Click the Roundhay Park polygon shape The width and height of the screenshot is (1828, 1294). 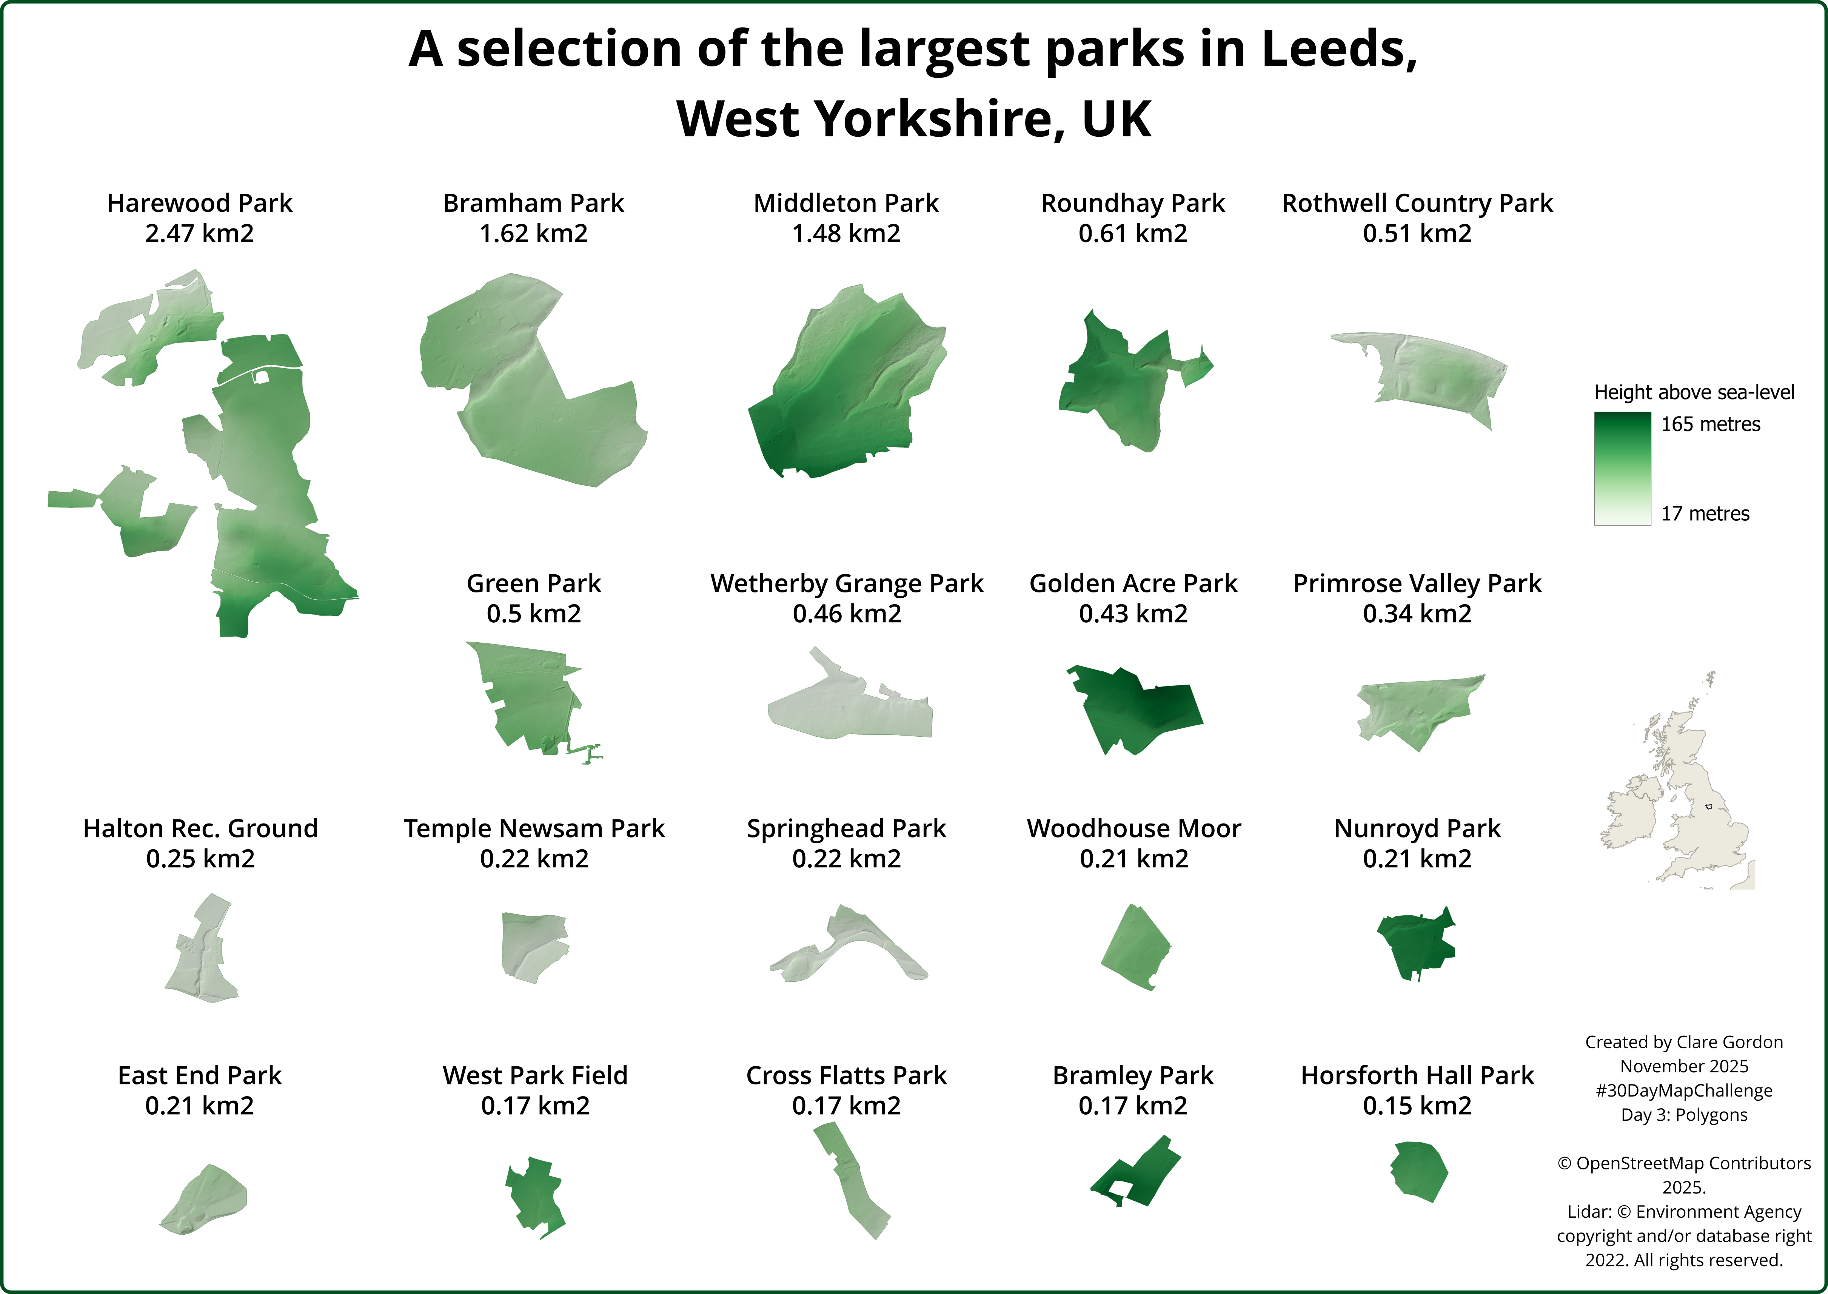pos(1115,382)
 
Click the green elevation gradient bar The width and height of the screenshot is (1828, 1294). pos(1622,469)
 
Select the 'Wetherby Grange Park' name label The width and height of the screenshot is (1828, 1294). pos(847,583)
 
